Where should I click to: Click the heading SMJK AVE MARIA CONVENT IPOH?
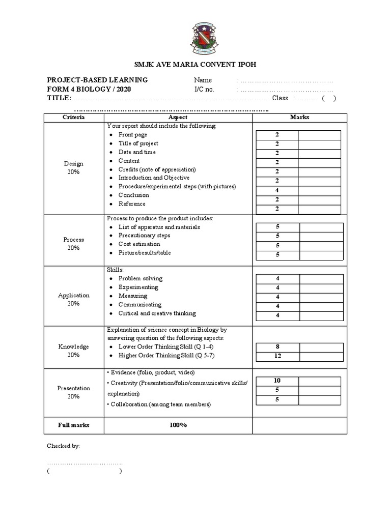[195, 64]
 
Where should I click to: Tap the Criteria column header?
[74, 117]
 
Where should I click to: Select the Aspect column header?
[178, 117]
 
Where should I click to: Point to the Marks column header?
[299, 117]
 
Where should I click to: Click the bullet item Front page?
[133, 135]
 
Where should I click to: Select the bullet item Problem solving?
[141, 278]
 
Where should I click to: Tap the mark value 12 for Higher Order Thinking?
[277, 356]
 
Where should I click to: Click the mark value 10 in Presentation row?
[277, 381]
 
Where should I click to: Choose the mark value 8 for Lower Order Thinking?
[277, 347]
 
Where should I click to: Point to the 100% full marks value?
[178, 425]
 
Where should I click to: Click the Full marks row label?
[74, 425]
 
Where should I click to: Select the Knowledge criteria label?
[74, 346]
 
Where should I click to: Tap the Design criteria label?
[74, 164]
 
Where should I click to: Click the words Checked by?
[64, 446]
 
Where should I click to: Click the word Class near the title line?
[280, 98]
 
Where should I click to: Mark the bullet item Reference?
[132, 204]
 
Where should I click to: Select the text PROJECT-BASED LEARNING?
[97, 80]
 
